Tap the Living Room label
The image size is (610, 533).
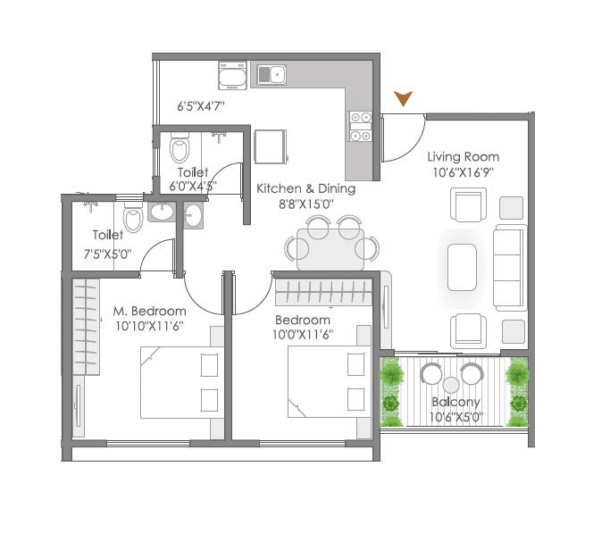click(463, 157)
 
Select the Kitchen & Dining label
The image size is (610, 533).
click(305, 188)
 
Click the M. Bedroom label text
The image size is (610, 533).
click(150, 311)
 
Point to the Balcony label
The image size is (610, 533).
click(455, 402)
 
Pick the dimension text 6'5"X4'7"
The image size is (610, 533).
click(200, 105)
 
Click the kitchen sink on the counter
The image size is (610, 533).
click(271, 74)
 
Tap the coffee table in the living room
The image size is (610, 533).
click(463, 267)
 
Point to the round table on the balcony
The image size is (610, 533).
click(451, 385)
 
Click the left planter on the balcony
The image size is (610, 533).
click(390, 390)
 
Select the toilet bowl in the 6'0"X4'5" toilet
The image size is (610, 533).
click(180, 146)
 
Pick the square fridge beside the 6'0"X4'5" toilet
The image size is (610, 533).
click(270, 146)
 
